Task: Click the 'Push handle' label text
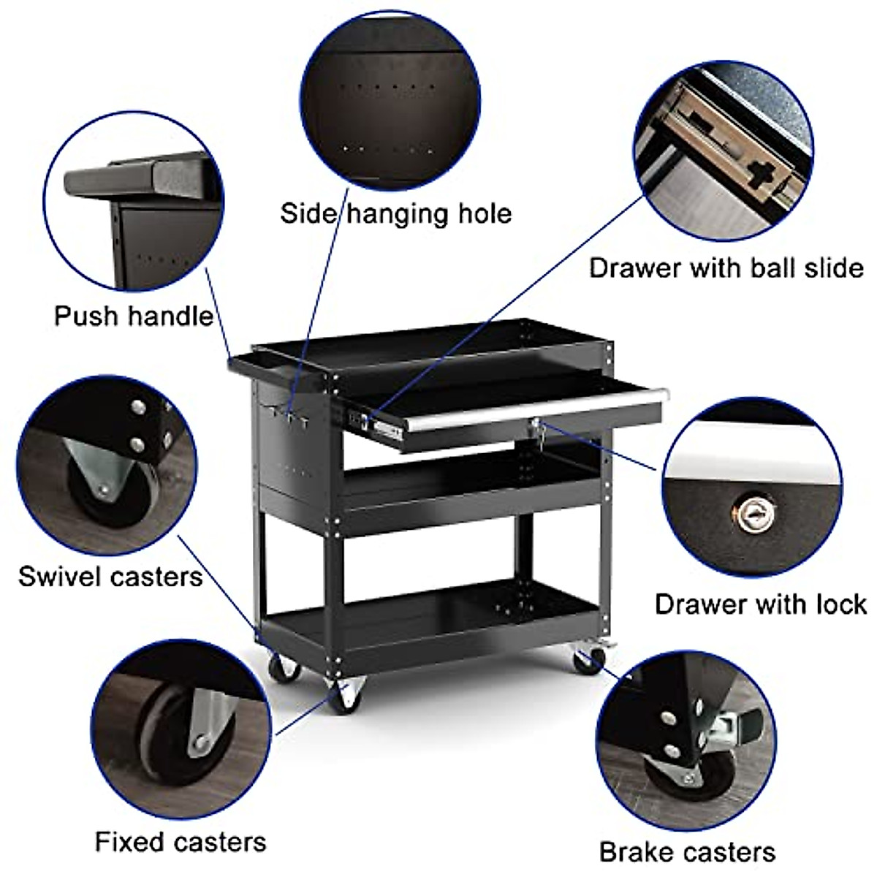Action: coord(133,316)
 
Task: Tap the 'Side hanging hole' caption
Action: coord(395,213)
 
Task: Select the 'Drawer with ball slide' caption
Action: coord(726,267)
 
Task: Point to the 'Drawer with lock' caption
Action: coord(760,604)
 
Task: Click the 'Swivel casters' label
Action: coord(110,576)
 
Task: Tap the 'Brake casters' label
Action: coord(687,852)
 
